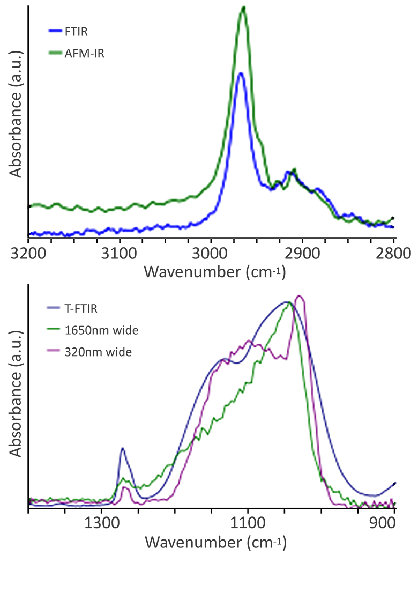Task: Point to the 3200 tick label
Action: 28,252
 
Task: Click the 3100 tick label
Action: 120,252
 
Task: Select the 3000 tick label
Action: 211,252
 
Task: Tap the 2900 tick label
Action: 302,252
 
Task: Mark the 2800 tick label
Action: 393,252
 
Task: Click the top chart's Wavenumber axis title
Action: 215,272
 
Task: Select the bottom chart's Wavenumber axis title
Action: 215,542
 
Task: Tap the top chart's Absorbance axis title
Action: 16,114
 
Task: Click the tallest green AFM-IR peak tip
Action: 244,8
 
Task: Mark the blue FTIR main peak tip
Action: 241,73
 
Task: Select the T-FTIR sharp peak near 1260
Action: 123,448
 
